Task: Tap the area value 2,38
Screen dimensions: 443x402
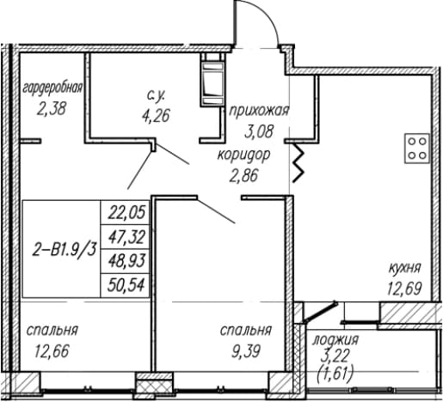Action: [x=52, y=109]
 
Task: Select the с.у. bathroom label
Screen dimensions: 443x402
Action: [x=156, y=95]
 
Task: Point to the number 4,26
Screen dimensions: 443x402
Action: [x=156, y=116]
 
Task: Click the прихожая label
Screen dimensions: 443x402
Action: [x=259, y=111]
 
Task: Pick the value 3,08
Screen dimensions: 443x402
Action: [x=260, y=131]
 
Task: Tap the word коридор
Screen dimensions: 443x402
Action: [x=244, y=156]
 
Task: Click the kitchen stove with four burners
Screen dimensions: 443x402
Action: [x=417, y=149]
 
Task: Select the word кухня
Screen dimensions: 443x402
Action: [x=404, y=269]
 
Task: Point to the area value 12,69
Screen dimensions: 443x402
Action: [x=404, y=289]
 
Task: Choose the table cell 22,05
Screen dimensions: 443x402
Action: [x=126, y=213]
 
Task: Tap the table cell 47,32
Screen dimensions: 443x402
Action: [x=126, y=237]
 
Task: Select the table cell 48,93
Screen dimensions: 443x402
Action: [x=126, y=261]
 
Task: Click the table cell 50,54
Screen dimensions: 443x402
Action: [x=126, y=285]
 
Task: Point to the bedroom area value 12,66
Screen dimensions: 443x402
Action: [x=52, y=351]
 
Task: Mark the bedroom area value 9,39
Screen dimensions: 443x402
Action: [x=246, y=351]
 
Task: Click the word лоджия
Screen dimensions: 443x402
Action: [x=335, y=340]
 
